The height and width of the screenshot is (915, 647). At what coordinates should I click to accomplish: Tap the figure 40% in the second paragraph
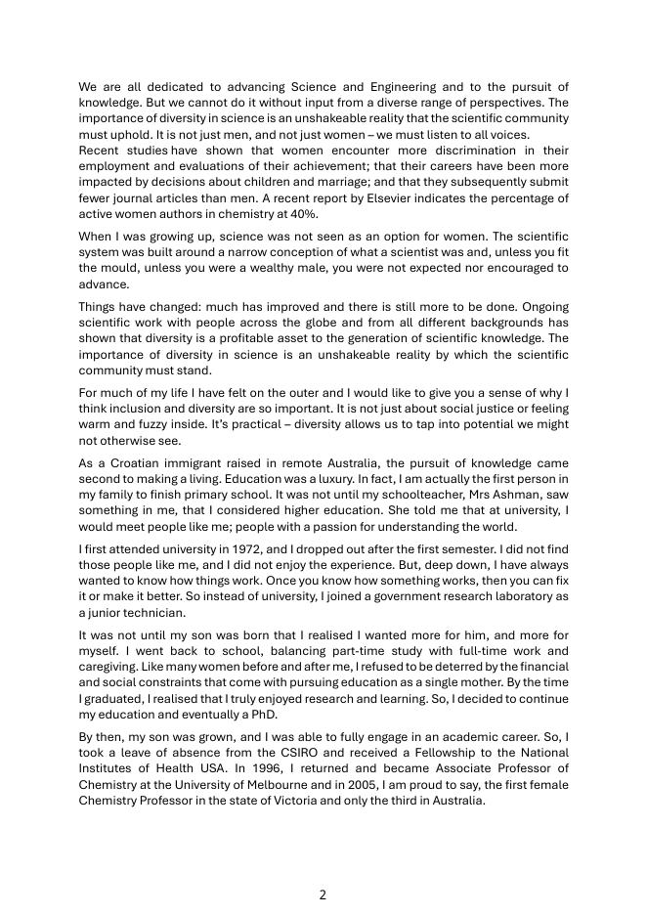click(306, 214)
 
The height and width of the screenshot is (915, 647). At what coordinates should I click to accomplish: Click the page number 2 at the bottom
click(323, 894)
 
